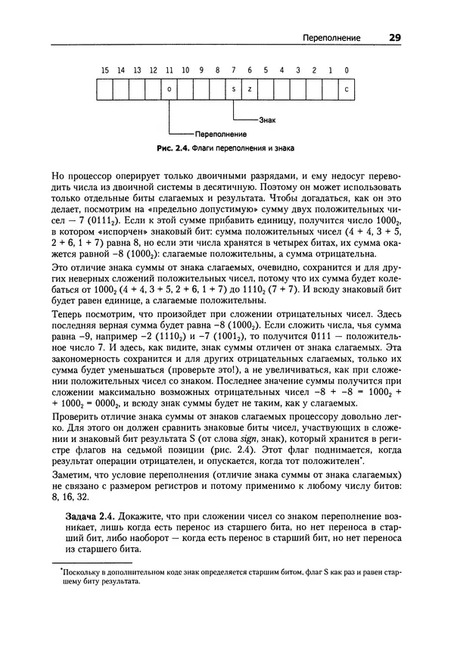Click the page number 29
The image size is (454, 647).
(x=395, y=37)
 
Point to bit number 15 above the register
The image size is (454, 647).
(x=104, y=70)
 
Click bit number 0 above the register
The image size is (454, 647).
(x=346, y=70)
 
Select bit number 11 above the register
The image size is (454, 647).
(x=169, y=70)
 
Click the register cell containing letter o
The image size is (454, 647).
(x=169, y=89)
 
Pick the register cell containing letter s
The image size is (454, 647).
(x=234, y=89)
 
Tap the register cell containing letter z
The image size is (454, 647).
(x=250, y=89)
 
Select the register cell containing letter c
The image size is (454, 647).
(x=346, y=89)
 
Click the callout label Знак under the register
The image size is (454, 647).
(x=267, y=120)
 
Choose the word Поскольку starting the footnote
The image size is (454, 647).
(x=79, y=573)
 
